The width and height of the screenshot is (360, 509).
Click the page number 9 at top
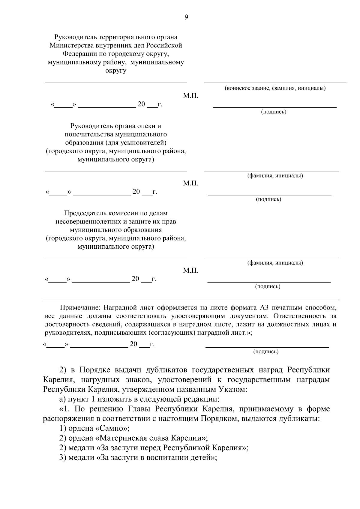pyautogui.click(x=186, y=17)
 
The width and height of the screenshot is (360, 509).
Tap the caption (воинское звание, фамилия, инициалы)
pyautogui.click(x=275, y=88)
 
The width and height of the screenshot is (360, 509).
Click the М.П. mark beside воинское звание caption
pyautogui.click(x=190, y=96)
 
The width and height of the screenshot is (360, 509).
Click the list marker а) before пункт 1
pyautogui.click(x=62, y=399)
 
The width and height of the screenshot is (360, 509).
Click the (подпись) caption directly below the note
pyautogui.click(x=266, y=352)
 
